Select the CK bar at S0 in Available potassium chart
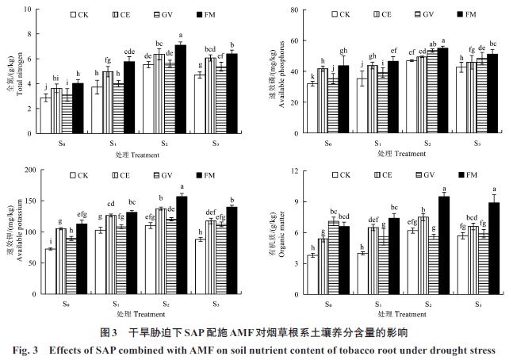pyautogui.click(x=50, y=271)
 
